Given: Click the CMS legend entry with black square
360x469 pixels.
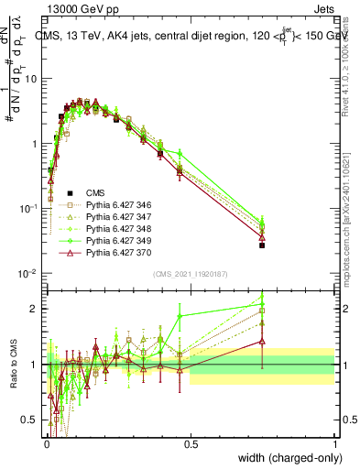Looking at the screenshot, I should click(95, 192).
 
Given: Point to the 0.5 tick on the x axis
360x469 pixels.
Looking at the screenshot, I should click(190, 443).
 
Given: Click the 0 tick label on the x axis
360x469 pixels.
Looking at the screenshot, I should click(46, 443).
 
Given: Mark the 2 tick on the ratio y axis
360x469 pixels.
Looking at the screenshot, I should click(36, 309).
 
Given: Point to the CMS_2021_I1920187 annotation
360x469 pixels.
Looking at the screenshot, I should click(190, 273).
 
